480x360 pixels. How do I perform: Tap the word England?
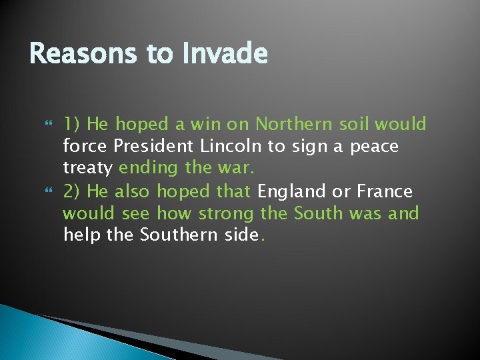point(291,192)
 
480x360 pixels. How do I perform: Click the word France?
point(385,191)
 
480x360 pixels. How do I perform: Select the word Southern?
point(176,236)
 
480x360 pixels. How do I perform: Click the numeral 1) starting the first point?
point(72,125)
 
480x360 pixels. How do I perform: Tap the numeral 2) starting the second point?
point(72,192)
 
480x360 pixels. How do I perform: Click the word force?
point(85,146)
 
